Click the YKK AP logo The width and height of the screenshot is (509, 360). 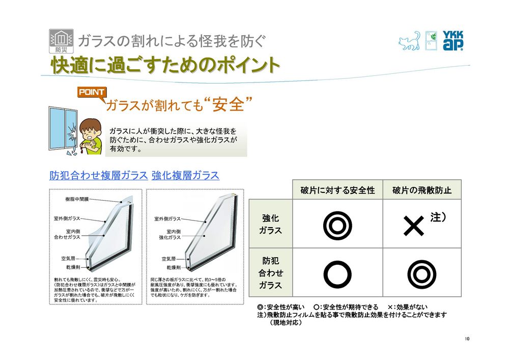click(453, 41)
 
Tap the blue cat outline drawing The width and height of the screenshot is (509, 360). click(409, 41)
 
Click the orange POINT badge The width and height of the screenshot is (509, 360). click(92, 92)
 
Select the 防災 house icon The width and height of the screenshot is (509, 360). click(61, 41)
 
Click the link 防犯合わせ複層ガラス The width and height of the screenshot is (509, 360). click(99, 175)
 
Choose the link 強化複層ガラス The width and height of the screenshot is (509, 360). click(185, 175)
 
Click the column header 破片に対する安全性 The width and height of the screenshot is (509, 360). click(337, 190)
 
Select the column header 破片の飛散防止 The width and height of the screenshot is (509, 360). click(421, 190)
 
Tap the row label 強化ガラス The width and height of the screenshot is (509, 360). click(270, 224)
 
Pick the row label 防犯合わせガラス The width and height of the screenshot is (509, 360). click(270, 273)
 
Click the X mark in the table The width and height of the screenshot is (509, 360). click(413, 226)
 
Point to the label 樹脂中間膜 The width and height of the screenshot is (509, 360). click(77, 199)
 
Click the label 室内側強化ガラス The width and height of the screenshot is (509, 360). click(170, 234)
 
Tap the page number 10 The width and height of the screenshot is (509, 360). click(467, 339)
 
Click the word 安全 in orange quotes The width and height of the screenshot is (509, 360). click(228, 104)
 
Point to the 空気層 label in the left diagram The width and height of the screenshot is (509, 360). click(68, 258)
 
